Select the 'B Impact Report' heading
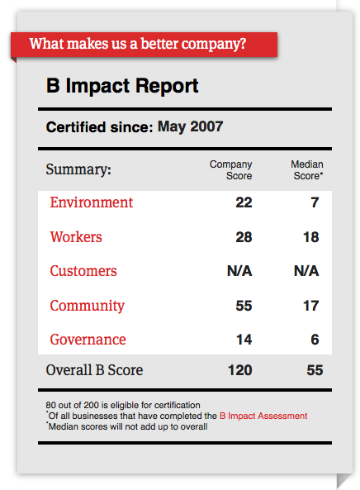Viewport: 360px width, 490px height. [122, 86]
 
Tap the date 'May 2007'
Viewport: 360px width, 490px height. [190, 127]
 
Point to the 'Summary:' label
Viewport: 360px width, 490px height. [78, 169]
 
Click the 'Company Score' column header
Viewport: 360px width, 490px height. [231, 170]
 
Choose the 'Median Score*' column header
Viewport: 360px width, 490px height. [306, 170]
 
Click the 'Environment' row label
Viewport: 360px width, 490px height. [91, 202]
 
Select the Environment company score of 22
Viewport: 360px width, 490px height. [244, 202]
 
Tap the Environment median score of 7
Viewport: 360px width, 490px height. [315, 202]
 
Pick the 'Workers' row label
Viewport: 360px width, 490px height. [76, 237]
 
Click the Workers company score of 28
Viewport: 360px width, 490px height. [244, 237]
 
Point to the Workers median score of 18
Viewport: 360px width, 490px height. [310, 237]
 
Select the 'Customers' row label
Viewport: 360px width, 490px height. [83, 271]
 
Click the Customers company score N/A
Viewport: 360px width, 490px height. [239, 271]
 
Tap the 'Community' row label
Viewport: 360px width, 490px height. [87, 306]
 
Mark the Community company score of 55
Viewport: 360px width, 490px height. [244, 306]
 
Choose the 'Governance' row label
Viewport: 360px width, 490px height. [88, 340]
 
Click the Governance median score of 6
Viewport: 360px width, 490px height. [315, 340]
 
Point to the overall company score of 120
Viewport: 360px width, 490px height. [239, 370]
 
